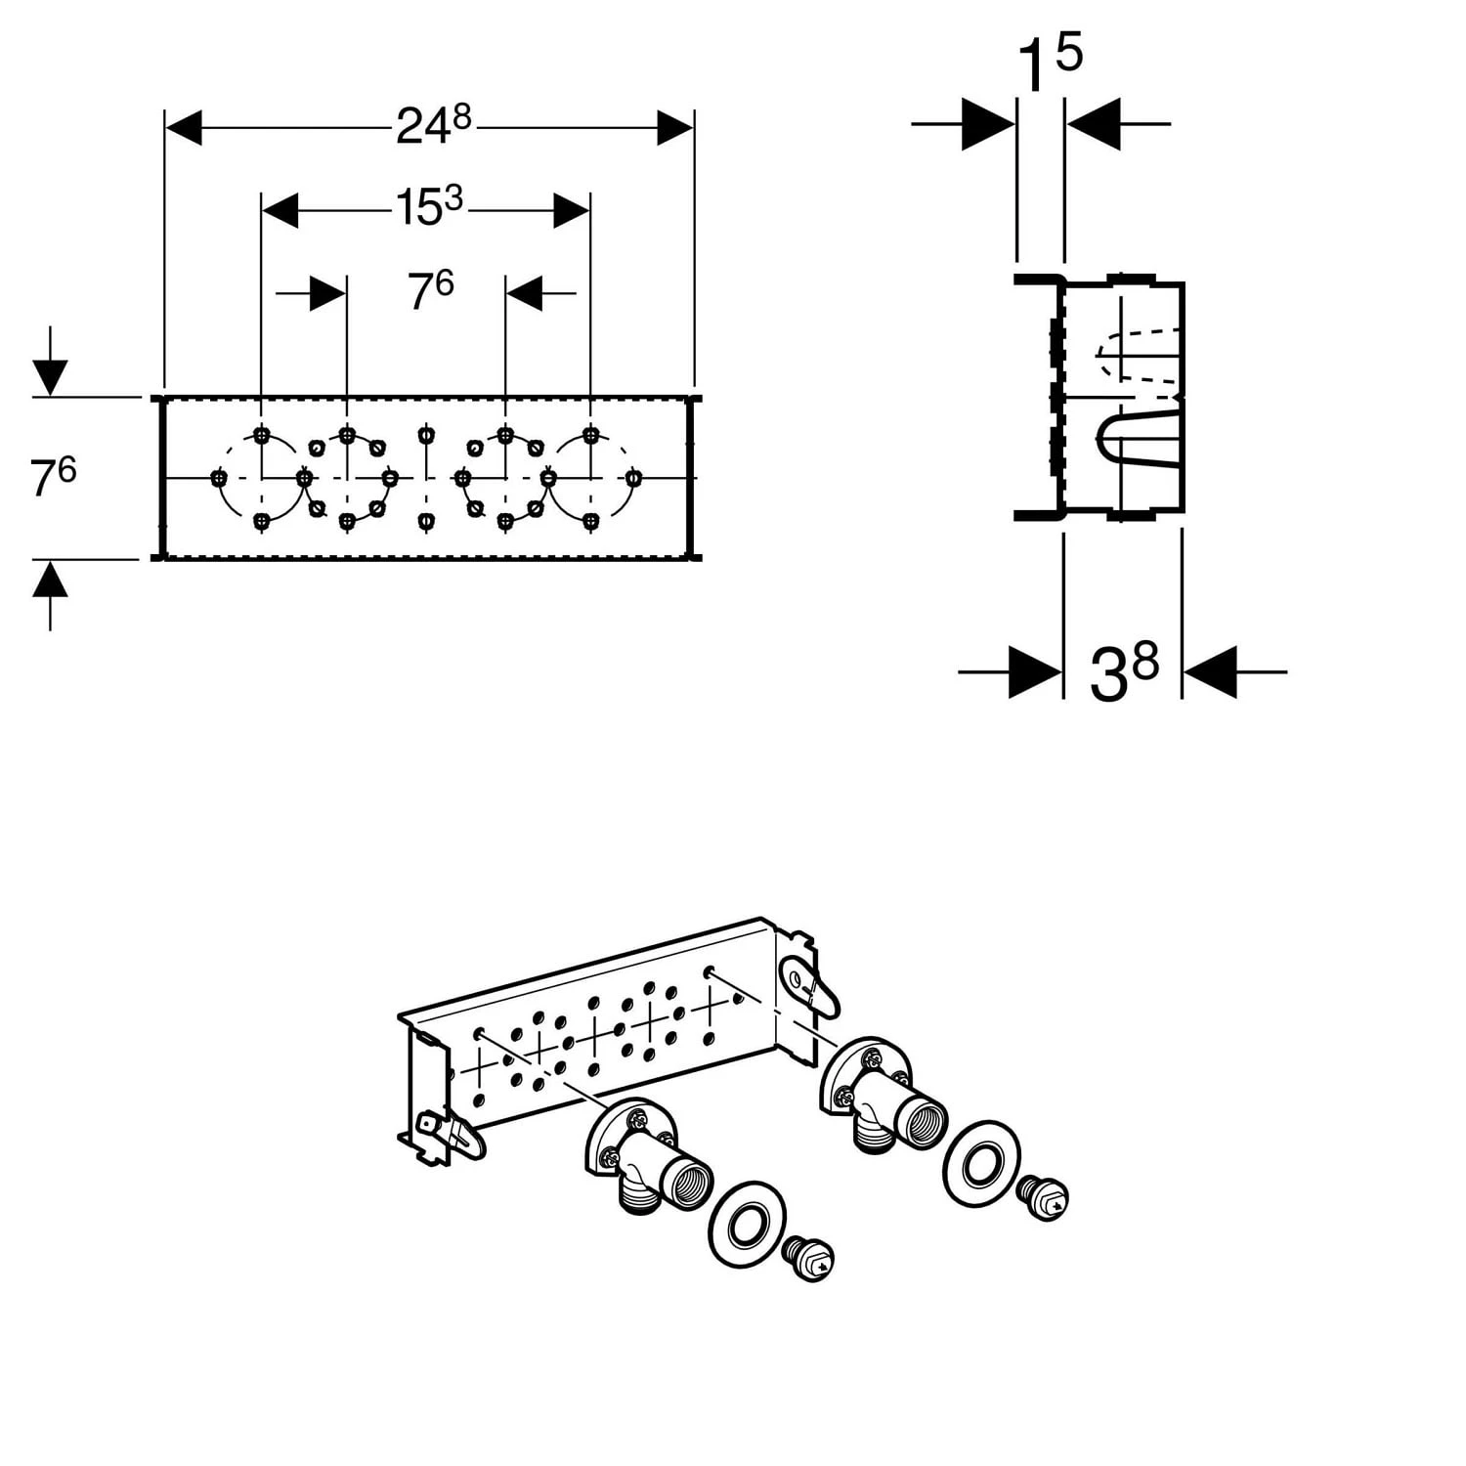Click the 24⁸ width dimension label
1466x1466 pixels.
click(x=433, y=125)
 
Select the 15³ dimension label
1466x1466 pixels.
click(x=428, y=207)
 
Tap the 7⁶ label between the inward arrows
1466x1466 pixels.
click(x=430, y=290)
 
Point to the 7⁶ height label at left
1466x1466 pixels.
click(x=53, y=477)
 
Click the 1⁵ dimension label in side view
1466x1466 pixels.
click(x=1050, y=63)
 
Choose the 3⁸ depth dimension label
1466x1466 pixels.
click(x=1124, y=672)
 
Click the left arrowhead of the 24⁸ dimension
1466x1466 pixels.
click(x=184, y=127)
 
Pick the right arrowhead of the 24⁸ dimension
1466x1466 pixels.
click(x=674, y=127)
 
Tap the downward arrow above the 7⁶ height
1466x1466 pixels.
click(x=50, y=376)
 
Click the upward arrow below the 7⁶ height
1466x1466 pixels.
click(x=50, y=580)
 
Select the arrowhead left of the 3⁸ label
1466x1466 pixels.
click(x=1034, y=672)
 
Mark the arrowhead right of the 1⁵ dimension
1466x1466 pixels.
click(x=1093, y=124)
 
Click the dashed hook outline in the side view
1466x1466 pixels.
click(x=1134, y=355)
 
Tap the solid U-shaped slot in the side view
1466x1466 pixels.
click(x=1124, y=442)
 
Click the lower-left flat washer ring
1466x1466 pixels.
click(x=746, y=1225)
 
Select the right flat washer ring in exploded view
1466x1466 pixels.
click(x=980, y=1163)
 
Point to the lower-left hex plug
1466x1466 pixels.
click(x=809, y=1259)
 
